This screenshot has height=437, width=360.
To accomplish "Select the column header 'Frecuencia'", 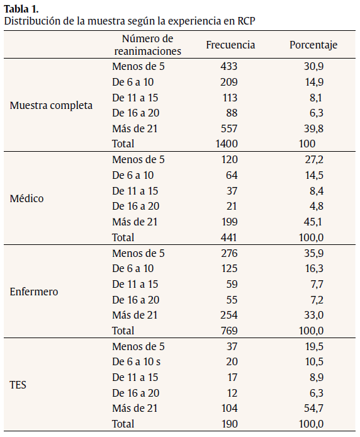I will pos(230,45).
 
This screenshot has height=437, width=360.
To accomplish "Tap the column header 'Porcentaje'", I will pos(313,45).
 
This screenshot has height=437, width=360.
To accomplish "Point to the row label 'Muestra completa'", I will pos(51,105).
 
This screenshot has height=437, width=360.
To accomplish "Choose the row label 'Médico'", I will pos(27,198).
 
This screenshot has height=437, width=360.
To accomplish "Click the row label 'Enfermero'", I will pos(34,292).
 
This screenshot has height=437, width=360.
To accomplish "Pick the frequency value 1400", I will pos(226,144).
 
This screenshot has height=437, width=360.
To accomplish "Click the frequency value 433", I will pos(228,66).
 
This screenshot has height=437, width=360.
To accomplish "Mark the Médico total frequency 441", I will pos(228,237).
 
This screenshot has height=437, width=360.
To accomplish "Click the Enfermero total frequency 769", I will pos(228,330).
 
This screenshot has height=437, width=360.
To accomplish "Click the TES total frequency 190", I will pos(228,423).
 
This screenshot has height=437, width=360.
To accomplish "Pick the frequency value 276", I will pos(228,253).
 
